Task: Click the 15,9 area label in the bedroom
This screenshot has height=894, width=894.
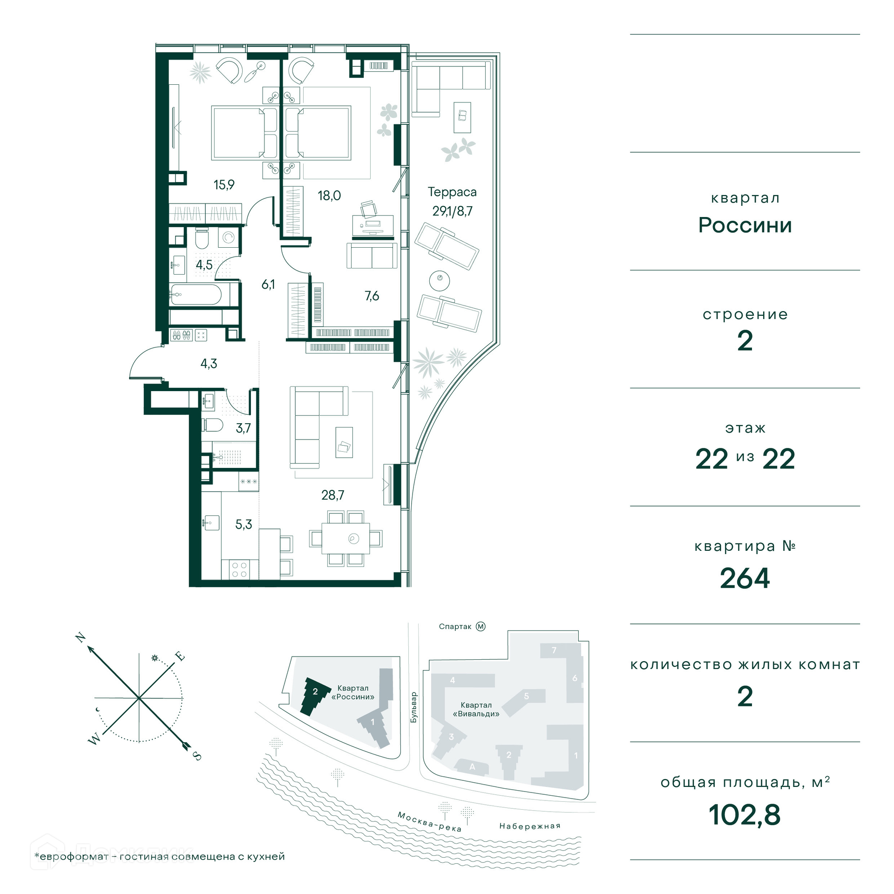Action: (x=224, y=185)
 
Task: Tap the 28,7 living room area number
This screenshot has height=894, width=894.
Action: (x=332, y=495)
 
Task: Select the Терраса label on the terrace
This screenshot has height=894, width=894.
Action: (x=452, y=192)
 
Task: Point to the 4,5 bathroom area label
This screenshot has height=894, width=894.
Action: (x=204, y=265)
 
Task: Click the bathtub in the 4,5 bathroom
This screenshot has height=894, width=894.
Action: (x=196, y=294)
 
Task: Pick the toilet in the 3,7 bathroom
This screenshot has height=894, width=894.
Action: (x=212, y=425)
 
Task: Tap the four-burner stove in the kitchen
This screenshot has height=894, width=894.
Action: (x=239, y=569)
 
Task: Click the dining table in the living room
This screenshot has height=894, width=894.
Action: (x=345, y=538)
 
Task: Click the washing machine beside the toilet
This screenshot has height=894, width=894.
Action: (x=228, y=237)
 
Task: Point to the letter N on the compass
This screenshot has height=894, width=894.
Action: (x=81, y=637)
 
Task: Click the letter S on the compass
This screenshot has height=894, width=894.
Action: (x=197, y=757)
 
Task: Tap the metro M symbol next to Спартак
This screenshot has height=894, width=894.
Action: (x=481, y=626)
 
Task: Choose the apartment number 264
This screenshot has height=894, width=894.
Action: (x=745, y=578)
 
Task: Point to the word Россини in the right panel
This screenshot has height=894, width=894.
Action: (x=745, y=225)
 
